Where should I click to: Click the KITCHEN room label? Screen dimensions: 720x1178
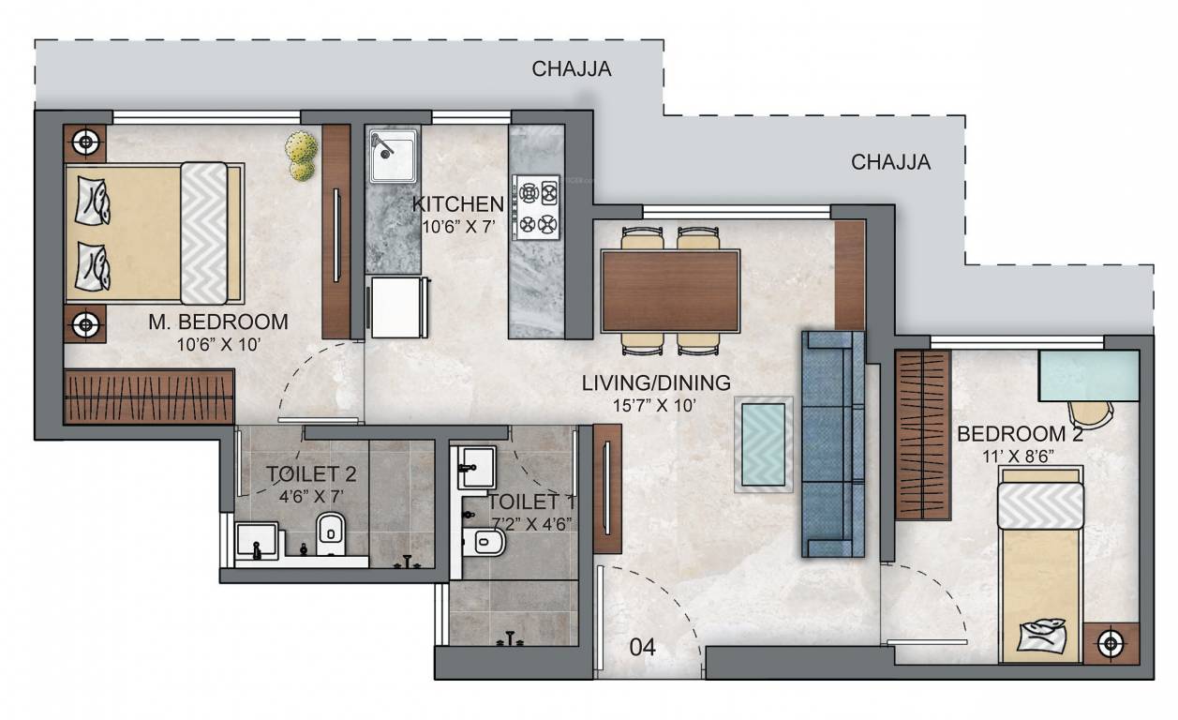coord(458,203)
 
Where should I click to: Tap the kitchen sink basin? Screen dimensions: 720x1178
coord(393,156)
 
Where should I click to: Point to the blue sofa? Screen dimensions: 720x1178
coord(831,443)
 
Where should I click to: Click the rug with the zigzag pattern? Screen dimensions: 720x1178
coord(764,443)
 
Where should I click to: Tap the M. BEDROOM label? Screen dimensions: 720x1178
coord(218,322)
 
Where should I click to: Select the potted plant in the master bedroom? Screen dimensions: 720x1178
coord(301,155)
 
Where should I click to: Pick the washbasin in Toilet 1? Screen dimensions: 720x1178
coord(474,467)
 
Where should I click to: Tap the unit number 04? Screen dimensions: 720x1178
coord(642,646)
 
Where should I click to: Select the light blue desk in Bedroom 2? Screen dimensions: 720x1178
coord(1088,376)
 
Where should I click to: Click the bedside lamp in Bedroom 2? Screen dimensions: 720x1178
coord(1111,643)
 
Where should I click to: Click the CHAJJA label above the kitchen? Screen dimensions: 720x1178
coord(572,68)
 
